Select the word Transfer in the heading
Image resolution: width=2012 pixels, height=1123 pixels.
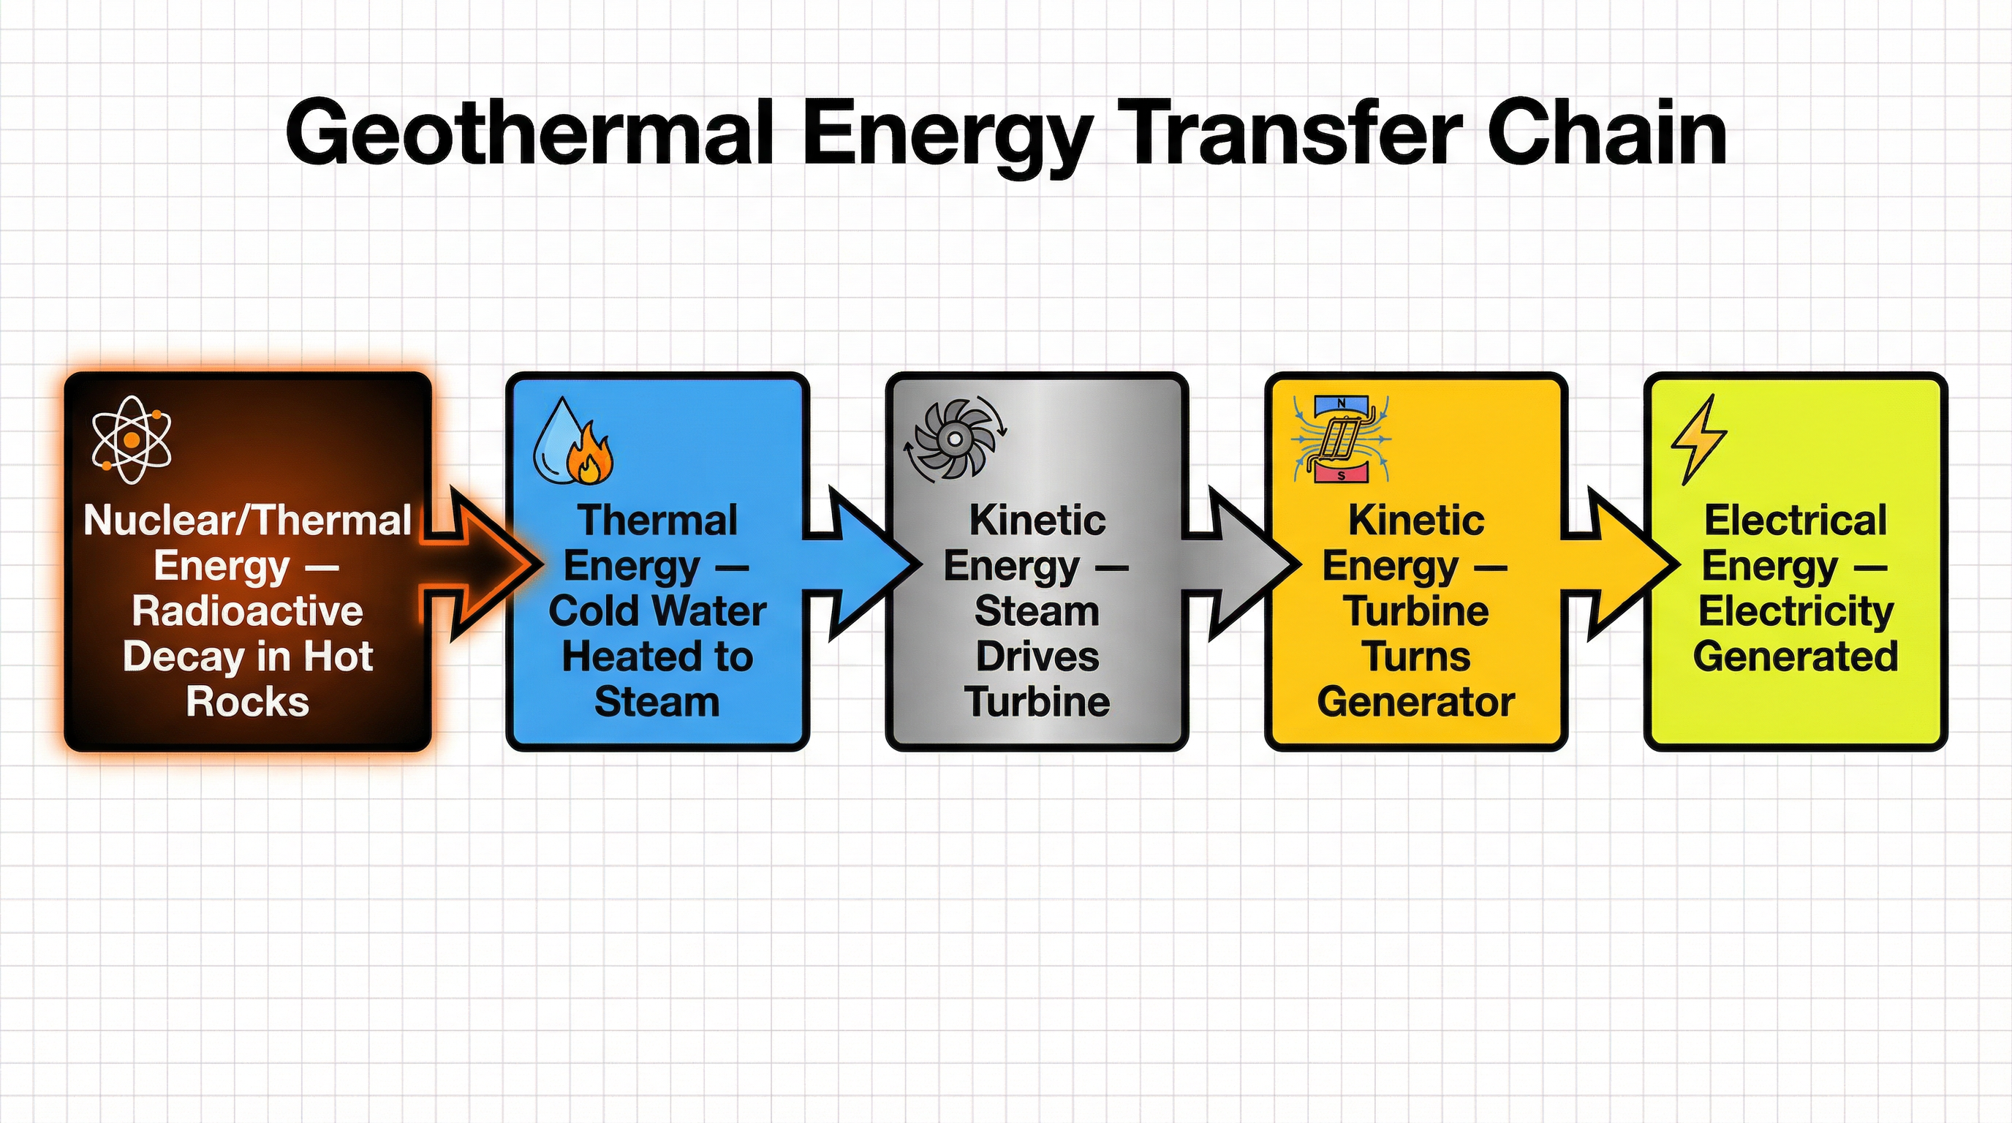click(1296, 133)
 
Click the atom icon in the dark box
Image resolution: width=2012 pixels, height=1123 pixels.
click(131, 439)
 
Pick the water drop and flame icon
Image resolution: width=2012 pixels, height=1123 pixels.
click(572, 442)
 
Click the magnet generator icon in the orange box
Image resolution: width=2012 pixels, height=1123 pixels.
click(1341, 439)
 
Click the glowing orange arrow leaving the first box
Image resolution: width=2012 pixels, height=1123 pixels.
click(484, 563)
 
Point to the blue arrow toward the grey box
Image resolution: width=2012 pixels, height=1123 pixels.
click(863, 563)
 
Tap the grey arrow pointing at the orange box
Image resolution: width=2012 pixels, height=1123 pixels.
click(1242, 563)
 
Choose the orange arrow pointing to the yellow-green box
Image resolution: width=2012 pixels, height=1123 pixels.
click(1622, 563)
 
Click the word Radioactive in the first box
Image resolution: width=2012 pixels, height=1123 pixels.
click(247, 610)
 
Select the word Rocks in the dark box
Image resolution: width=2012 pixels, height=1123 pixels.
click(247, 701)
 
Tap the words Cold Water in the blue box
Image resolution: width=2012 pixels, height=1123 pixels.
click(657, 610)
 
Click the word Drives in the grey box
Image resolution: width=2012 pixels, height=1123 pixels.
click(1037, 656)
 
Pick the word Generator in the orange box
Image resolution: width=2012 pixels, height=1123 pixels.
click(1416, 701)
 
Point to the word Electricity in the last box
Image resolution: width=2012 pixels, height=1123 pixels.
click(1796, 610)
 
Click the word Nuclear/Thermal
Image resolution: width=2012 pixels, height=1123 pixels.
click(247, 520)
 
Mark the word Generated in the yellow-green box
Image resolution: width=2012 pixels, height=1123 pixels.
click(1796, 656)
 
